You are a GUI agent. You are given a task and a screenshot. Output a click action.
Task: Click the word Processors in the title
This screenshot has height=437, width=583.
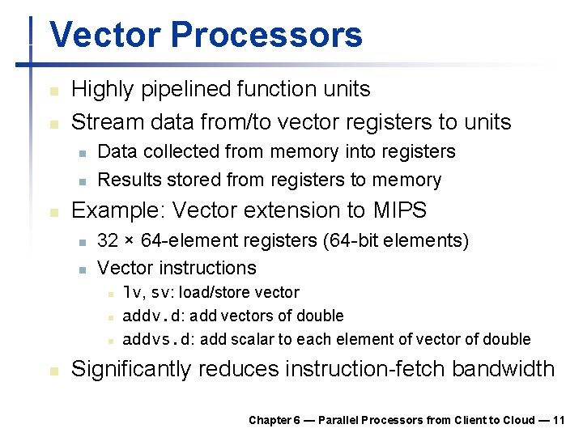coord(266,36)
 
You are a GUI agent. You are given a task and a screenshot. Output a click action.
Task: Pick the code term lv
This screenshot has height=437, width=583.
coord(131,292)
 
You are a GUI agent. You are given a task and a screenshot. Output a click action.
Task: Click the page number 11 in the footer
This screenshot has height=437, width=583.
coord(559,420)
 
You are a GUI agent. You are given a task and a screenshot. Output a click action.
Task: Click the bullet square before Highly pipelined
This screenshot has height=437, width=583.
coord(53,90)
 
